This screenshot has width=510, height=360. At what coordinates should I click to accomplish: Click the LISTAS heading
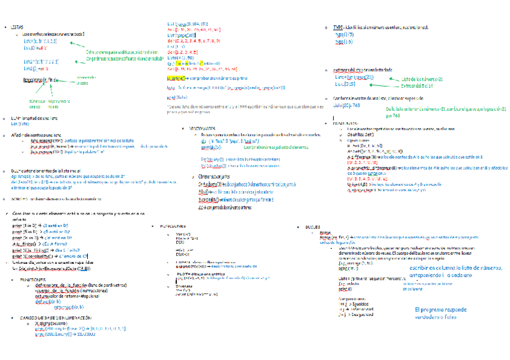pos(17,28)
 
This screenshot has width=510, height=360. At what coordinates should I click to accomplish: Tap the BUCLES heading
pos(312,228)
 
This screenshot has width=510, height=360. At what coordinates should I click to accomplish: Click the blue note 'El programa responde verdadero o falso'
pos(440,313)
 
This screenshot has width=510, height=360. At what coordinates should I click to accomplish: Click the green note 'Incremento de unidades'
pos(85,81)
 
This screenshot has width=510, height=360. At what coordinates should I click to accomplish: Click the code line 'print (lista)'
pos(177,97)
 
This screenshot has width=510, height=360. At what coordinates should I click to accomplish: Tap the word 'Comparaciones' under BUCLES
pos(352,298)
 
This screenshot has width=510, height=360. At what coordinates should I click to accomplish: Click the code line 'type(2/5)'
pos(343,34)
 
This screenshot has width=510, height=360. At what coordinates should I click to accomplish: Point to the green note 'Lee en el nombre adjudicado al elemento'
pos(277,147)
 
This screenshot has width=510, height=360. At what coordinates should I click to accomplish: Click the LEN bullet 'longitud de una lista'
pos(36,118)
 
